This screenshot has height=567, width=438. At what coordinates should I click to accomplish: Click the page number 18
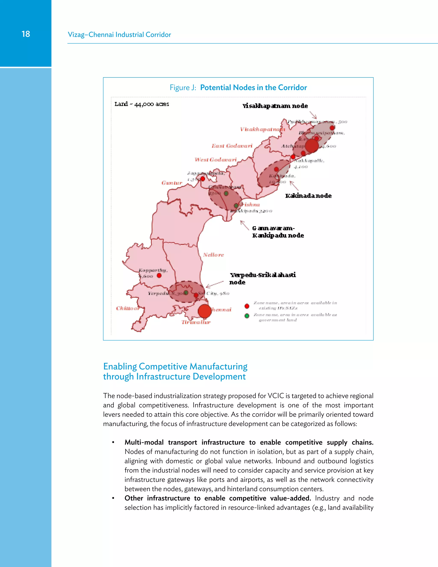(x=26, y=34)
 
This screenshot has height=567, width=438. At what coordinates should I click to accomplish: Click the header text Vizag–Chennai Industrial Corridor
(x=119, y=34)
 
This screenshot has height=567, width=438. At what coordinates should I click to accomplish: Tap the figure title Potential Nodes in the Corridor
(x=253, y=88)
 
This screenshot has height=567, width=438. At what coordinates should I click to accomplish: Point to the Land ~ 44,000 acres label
(x=142, y=104)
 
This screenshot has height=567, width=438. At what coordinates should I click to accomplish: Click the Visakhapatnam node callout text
(x=275, y=106)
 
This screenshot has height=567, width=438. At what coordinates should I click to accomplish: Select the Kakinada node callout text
(x=308, y=196)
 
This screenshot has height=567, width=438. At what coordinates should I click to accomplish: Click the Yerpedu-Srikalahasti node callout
(x=263, y=278)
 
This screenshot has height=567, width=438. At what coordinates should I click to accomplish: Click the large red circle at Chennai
(x=205, y=311)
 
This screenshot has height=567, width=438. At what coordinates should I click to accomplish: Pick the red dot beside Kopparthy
(x=159, y=275)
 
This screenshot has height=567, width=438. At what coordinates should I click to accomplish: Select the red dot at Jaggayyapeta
(x=203, y=179)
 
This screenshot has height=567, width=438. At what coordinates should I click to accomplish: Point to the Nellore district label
(x=213, y=255)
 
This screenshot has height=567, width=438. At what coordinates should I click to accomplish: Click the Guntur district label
(x=172, y=183)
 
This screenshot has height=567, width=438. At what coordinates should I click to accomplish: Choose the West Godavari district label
(x=216, y=160)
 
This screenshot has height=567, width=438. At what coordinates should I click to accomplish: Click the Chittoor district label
(x=127, y=308)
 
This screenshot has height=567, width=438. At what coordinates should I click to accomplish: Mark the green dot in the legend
(x=247, y=316)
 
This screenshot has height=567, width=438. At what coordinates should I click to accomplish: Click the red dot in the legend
(x=247, y=306)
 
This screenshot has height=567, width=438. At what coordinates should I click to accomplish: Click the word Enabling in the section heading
(x=120, y=366)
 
